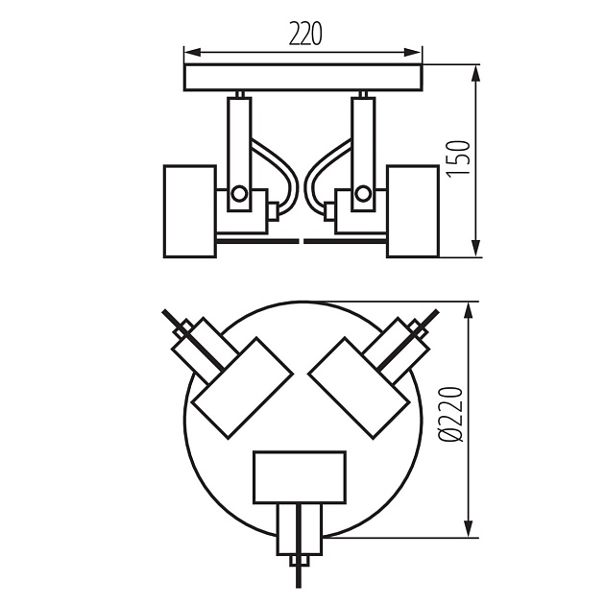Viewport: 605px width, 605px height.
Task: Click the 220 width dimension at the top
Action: click(303, 35)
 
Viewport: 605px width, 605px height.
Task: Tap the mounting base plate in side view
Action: click(303, 78)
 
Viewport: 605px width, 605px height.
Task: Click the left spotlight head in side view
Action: click(189, 211)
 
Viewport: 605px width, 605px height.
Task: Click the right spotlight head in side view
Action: click(414, 211)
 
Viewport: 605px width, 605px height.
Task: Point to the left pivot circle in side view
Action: click(239, 194)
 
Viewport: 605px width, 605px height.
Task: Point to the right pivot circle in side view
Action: click(362, 194)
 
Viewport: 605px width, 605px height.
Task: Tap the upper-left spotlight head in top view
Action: click(240, 385)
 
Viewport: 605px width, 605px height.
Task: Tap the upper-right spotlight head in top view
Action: click(358, 385)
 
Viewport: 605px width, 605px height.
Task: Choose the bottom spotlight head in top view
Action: click(299, 477)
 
